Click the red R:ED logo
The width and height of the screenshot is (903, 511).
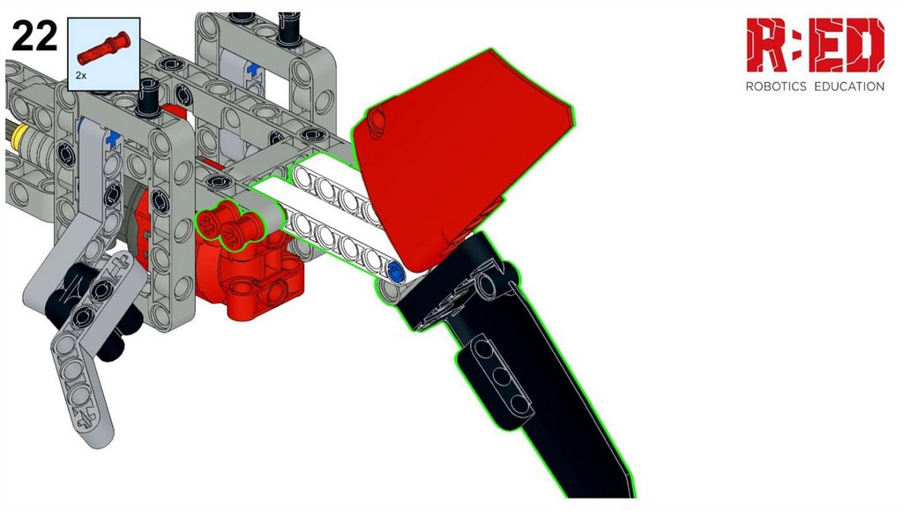tap(815, 45)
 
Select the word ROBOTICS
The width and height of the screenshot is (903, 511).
tap(776, 86)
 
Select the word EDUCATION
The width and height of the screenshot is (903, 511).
tap(849, 86)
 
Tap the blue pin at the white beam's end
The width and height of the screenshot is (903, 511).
tap(394, 269)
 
